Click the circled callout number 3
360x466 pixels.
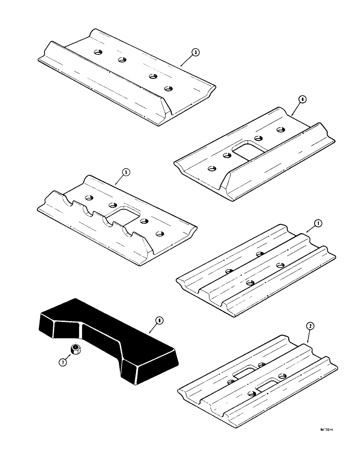(195, 53)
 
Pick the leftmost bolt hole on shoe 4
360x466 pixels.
(211, 168)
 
